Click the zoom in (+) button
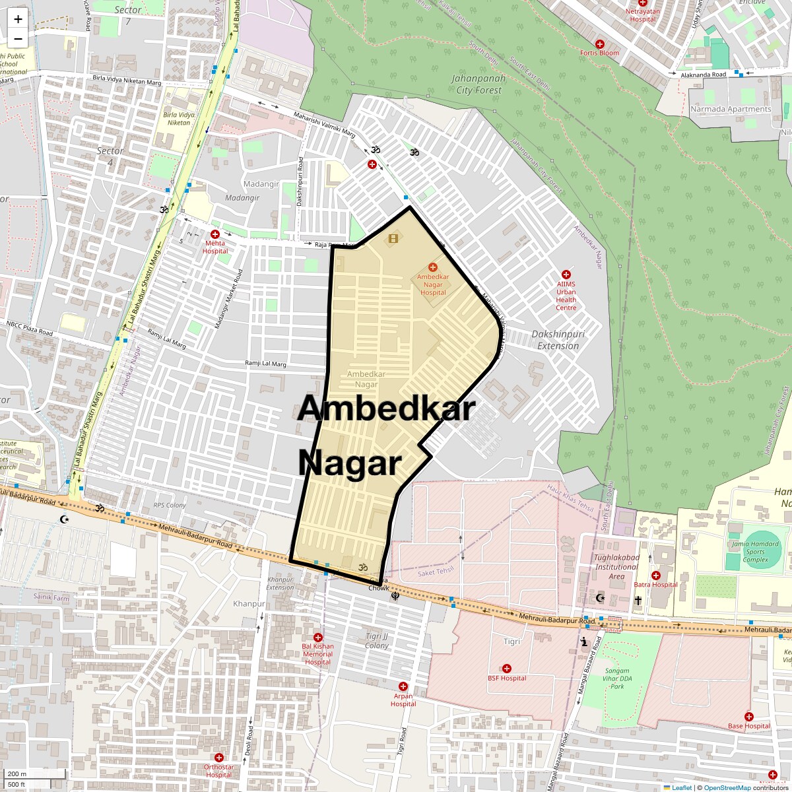[18, 19]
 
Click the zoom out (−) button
[18, 39]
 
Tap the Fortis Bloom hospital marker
[599, 43]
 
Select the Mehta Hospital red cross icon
[214, 234]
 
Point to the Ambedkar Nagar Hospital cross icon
[432, 267]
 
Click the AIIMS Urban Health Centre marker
[566, 275]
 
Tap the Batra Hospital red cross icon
[655, 576]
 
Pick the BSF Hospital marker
[507, 669]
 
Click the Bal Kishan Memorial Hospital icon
[317, 638]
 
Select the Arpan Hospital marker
[403, 686]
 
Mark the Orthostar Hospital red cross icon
[218, 758]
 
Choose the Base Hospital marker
[748, 717]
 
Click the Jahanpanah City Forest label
[478, 84]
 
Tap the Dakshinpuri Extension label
[558, 340]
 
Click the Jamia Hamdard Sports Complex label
[755, 552]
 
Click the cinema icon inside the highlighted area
[393, 238]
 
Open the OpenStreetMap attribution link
[727, 787]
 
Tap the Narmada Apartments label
[730, 109]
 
